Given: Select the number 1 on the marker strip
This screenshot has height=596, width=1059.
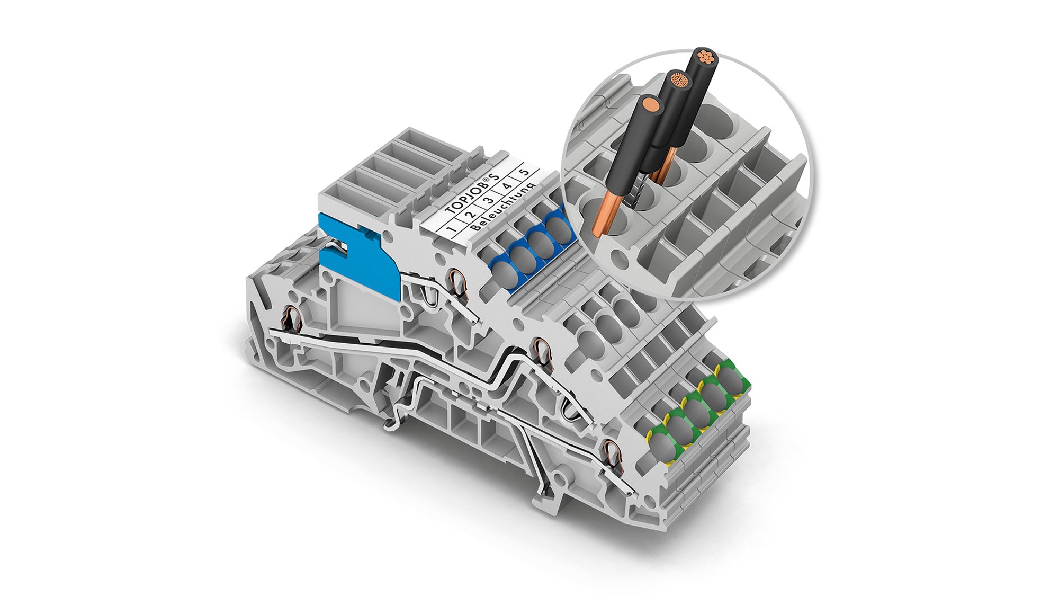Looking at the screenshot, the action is (x=451, y=228).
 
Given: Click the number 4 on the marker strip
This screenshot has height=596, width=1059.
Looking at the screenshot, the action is (x=506, y=186).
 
